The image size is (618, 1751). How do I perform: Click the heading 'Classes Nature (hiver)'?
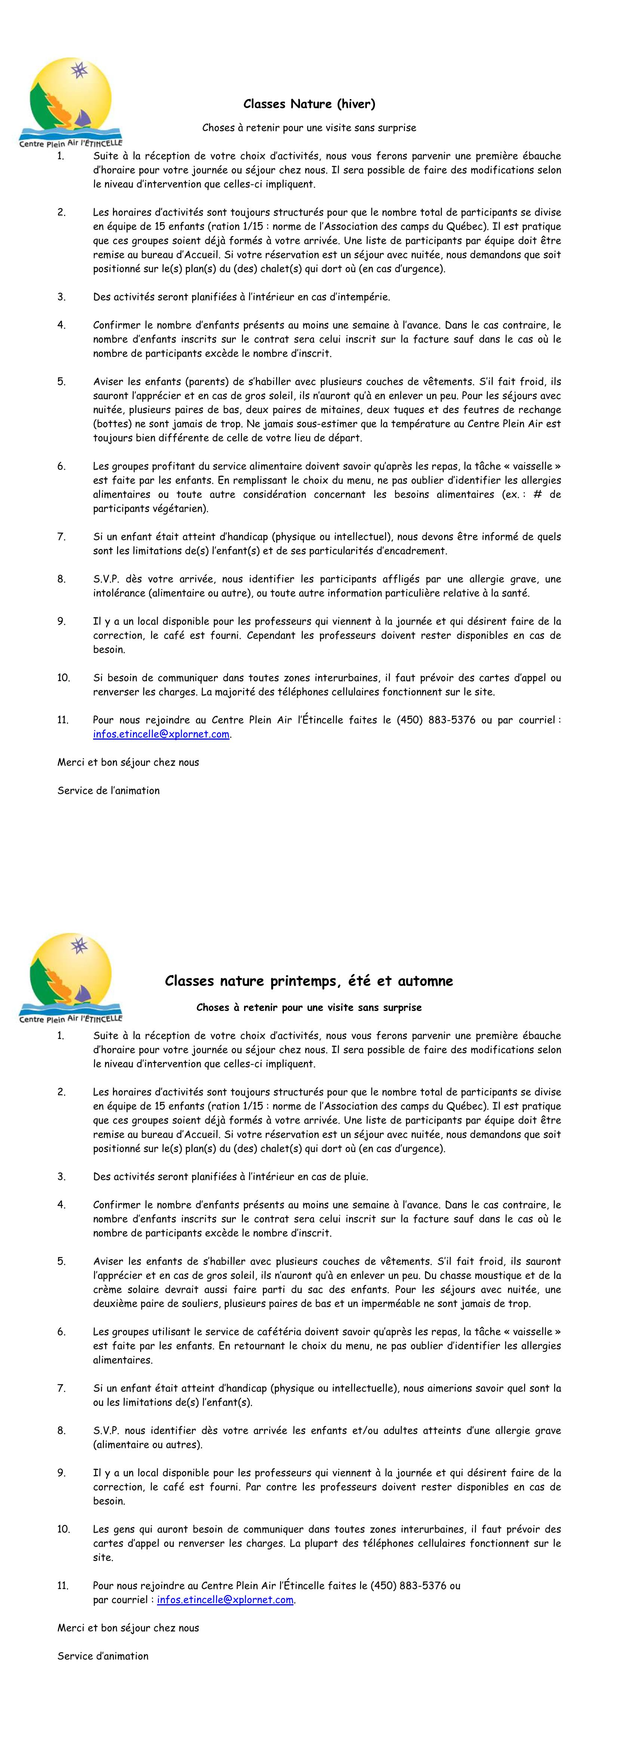(309, 104)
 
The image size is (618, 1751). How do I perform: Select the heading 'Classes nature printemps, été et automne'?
(309, 981)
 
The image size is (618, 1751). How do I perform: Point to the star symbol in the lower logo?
(80, 945)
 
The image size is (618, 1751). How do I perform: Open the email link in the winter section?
(161, 734)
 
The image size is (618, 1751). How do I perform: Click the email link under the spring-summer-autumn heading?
(225, 1599)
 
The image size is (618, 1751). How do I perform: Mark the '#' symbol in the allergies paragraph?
(538, 494)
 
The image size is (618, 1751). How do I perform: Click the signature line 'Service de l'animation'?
(109, 791)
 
